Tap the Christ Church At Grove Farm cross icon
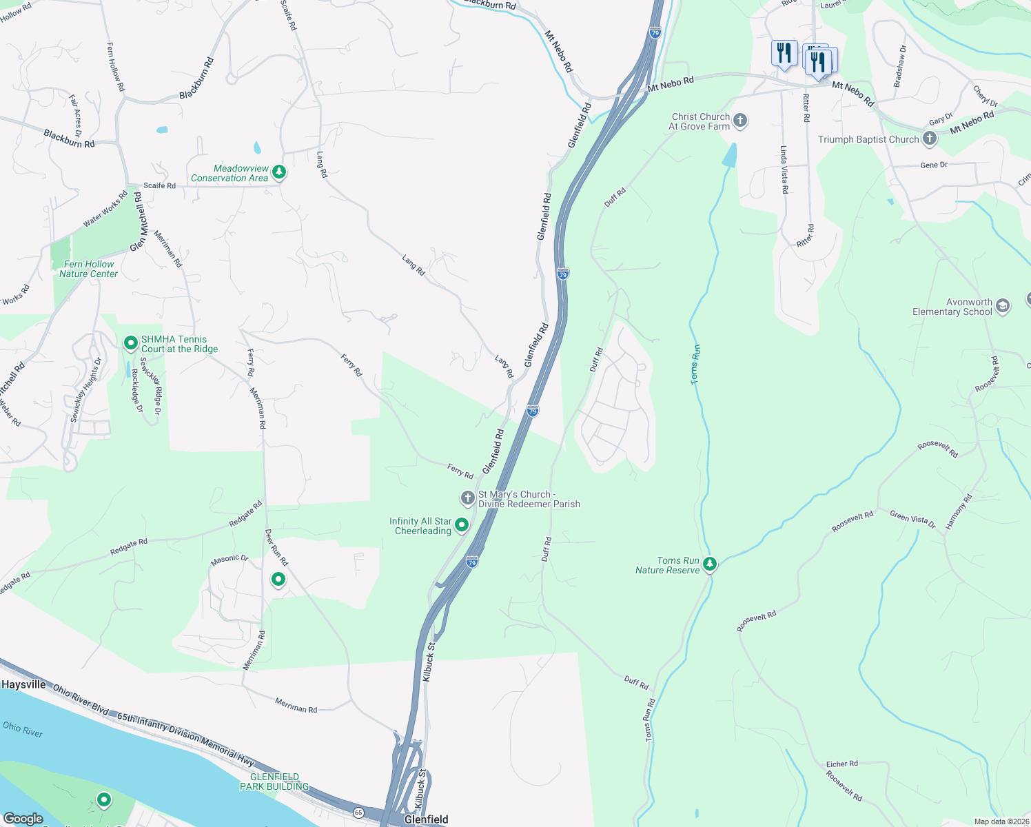click(740, 121)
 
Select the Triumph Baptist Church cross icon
click(930, 139)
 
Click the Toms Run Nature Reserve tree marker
click(710, 564)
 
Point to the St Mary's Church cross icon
click(467, 498)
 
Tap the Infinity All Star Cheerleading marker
click(462, 525)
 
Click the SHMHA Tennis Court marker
click(130, 343)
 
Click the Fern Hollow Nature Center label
click(88, 269)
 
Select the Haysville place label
click(23, 684)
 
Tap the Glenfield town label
click(426, 819)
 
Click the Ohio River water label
click(23, 728)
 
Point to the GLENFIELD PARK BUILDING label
click(274, 782)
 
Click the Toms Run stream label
click(696, 364)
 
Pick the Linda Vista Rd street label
click(784, 169)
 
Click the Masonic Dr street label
click(229, 559)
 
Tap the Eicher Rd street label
click(841, 764)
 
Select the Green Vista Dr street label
click(912, 519)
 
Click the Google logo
click(23, 819)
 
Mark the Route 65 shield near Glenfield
click(358, 813)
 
